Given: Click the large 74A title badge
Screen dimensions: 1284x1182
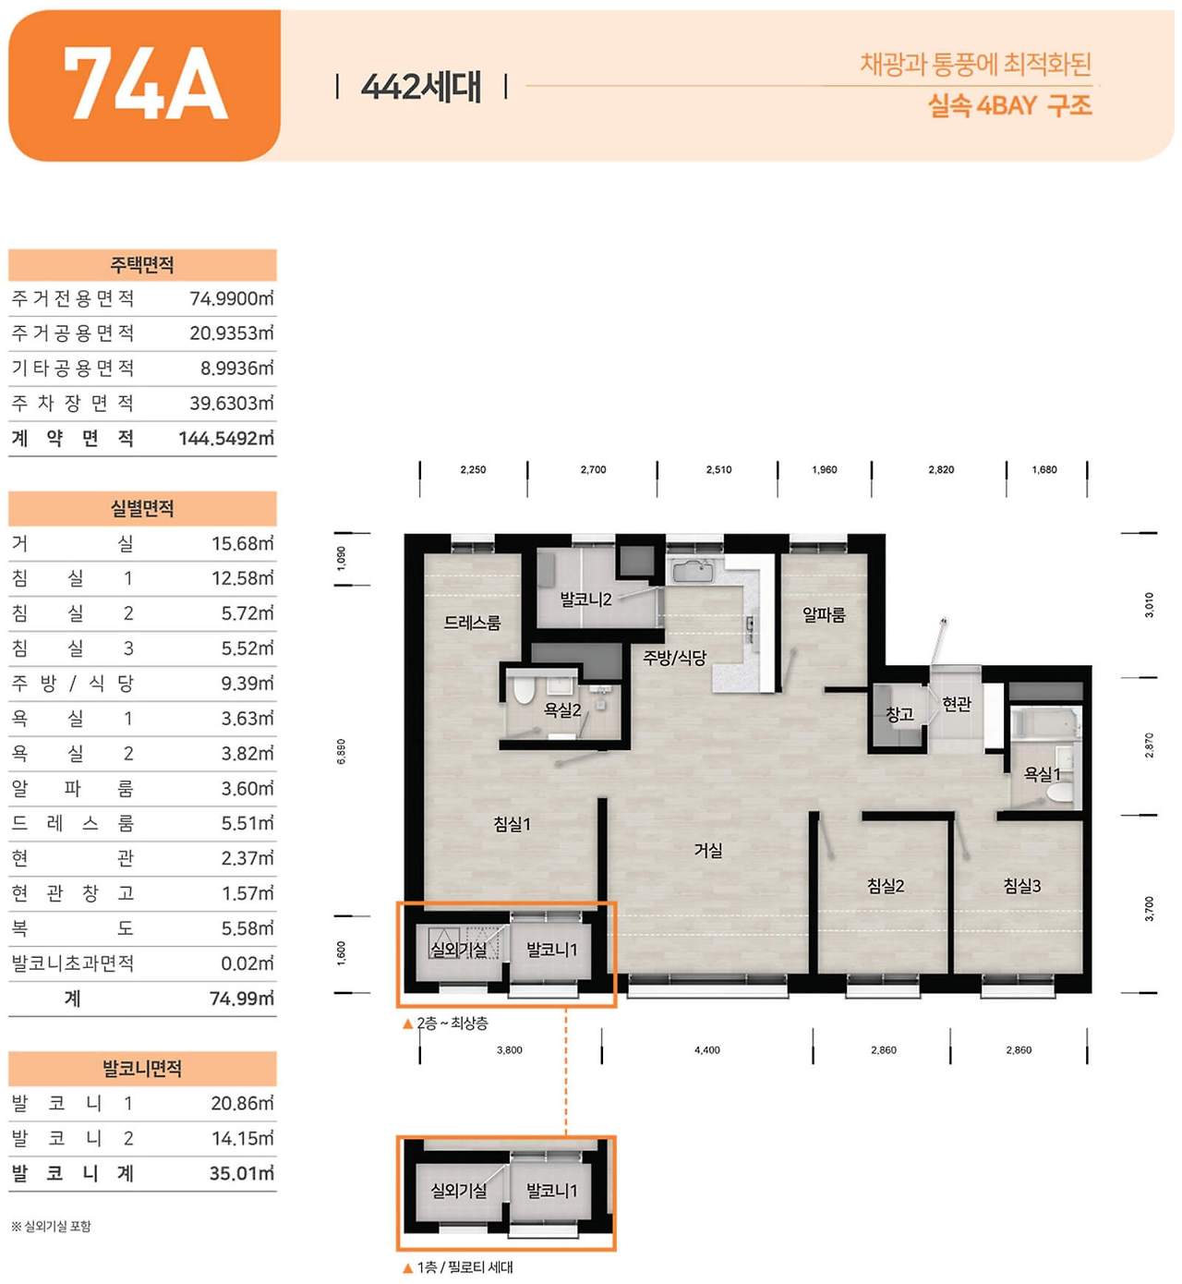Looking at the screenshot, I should (x=144, y=85).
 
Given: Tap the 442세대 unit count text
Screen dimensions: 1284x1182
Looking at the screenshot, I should (x=421, y=87).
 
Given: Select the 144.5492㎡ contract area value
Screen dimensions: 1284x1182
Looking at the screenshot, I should (x=226, y=438).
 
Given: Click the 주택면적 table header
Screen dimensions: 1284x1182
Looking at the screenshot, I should (x=142, y=265).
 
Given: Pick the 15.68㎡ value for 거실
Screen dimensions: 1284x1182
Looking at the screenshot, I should (x=242, y=543).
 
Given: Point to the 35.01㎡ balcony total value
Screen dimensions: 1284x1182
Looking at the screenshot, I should (x=241, y=1173).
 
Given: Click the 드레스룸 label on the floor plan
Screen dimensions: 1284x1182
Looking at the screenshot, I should (x=472, y=623).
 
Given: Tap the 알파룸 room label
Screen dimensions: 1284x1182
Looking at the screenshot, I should (x=824, y=614).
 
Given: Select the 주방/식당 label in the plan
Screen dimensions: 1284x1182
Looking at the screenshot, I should (x=674, y=658).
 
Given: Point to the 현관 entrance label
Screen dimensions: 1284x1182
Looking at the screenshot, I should (x=957, y=704).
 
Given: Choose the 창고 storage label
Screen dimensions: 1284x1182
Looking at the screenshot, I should (x=899, y=713).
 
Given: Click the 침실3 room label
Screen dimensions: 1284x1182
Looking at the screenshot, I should (x=1022, y=886).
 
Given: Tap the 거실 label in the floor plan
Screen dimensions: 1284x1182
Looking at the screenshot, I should (x=708, y=850).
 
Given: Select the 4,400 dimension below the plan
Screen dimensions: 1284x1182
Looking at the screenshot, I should (x=707, y=1050).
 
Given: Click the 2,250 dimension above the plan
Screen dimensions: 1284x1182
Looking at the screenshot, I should (x=473, y=469).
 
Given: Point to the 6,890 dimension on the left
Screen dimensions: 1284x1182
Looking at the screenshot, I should (x=342, y=750).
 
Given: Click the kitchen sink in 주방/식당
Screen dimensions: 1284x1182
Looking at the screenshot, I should (x=692, y=572).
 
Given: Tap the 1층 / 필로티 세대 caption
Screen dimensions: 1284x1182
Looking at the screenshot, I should (x=464, y=1267).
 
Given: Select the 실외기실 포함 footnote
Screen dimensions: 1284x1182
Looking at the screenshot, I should (x=52, y=1227).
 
